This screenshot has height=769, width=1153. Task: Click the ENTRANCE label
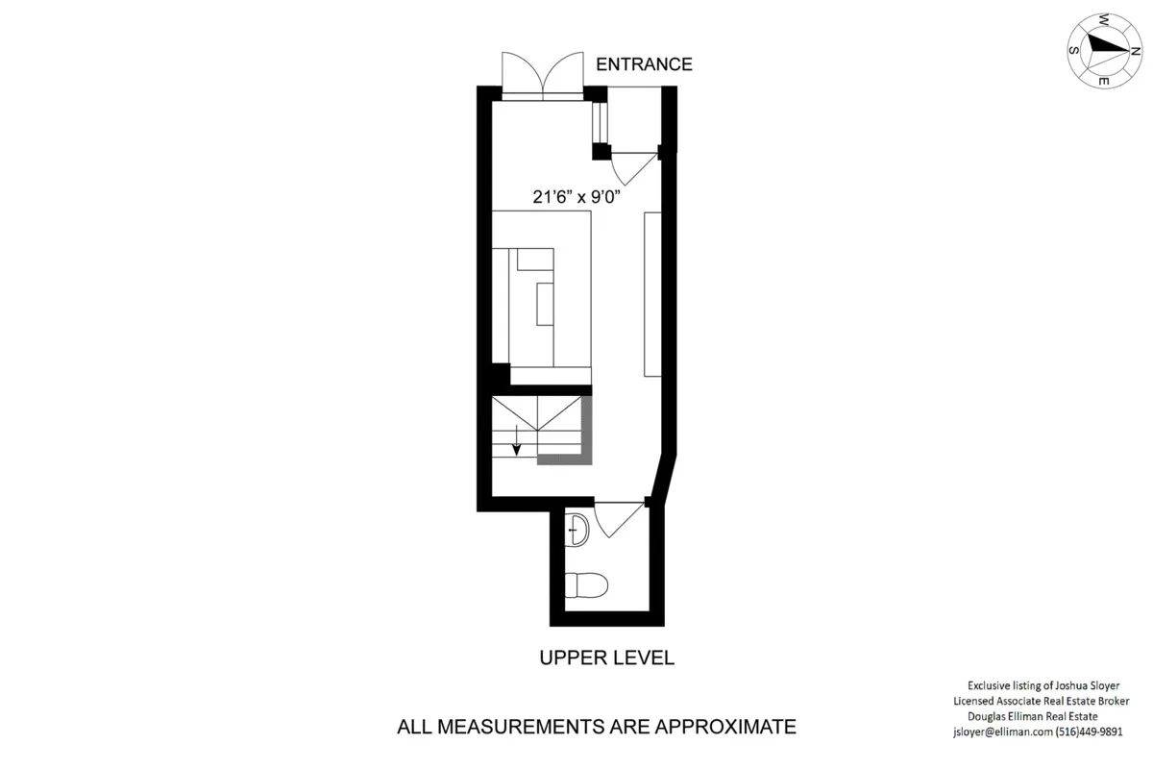[x=644, y=64]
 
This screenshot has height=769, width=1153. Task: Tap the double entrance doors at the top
[x=543, y=74]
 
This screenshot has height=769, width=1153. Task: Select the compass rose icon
[x=1104, y=50]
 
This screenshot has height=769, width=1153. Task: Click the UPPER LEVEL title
[x=606, y=658]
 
